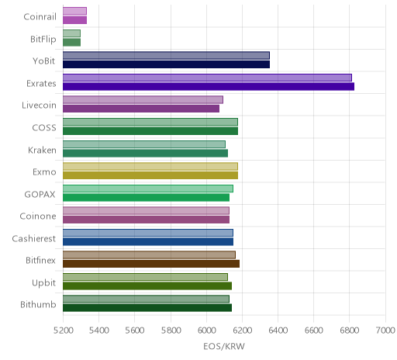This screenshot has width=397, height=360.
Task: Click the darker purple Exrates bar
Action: [209, 87]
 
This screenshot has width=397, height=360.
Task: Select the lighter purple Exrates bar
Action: [207, 78]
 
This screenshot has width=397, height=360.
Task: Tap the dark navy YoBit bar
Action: [166, 64]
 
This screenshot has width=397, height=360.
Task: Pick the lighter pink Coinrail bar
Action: [74, 11]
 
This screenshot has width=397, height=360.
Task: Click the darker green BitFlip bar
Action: [71, 42]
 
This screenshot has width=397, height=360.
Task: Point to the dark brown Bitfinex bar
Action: [151, 264]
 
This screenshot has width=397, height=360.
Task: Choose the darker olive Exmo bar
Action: [150, 175]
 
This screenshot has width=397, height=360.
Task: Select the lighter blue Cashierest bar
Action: [148, 233]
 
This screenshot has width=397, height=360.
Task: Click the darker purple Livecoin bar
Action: [141, 109]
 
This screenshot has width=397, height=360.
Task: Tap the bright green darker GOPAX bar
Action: [146, 198]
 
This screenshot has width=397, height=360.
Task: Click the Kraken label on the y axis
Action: [42, 150]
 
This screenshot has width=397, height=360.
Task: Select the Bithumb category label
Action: [38, 304]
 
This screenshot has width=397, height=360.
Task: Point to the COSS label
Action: [44, 128]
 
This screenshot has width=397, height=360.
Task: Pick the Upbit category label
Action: [43, 282]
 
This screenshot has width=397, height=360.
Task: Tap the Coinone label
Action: [38, 216]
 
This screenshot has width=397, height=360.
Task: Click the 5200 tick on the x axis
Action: [63, 331]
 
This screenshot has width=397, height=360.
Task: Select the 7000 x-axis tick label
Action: [385, 331]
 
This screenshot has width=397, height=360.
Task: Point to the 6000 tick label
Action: [206, 331]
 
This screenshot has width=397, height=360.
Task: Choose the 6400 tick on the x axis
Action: [278, 331]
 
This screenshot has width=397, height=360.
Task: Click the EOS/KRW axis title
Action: [224, 346]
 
